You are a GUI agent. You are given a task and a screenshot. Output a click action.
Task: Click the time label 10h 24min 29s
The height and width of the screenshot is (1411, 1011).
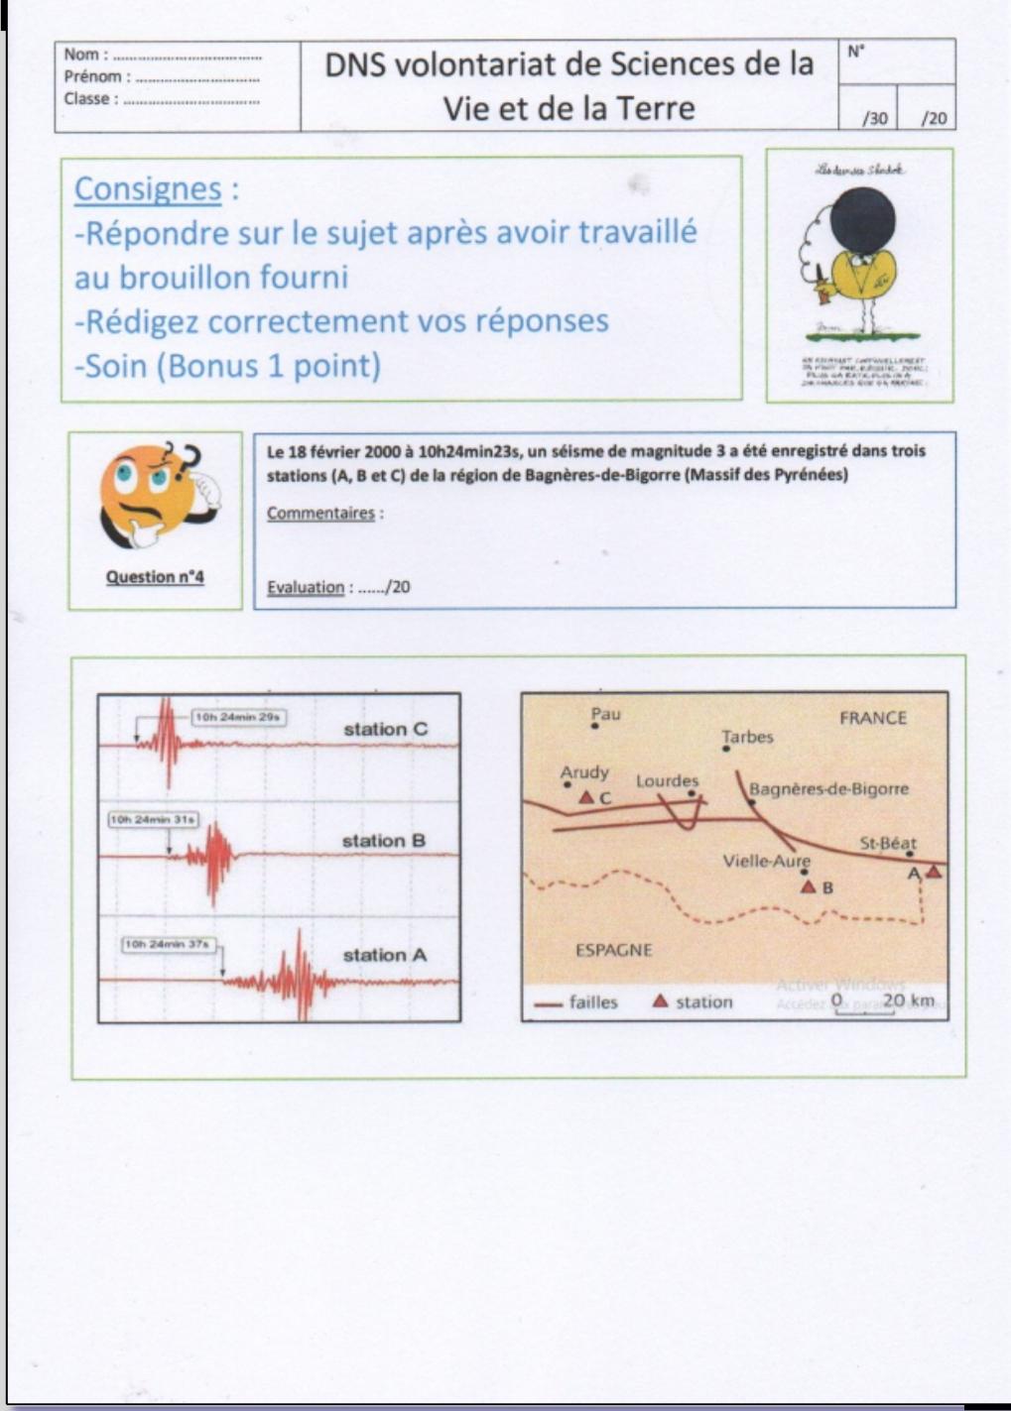pyautogui.click(x=238, y=716)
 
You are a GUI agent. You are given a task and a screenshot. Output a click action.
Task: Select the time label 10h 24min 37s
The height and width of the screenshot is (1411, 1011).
pyautogui.click(x=168, y=945)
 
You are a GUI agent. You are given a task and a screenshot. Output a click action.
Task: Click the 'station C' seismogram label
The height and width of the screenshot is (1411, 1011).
pyautogui.click(x=386, y=729)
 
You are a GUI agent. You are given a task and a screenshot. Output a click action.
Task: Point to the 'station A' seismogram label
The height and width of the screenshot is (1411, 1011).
pyautogui.click(x=384, y=955)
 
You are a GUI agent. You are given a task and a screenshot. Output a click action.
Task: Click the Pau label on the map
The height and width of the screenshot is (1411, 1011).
pyautogui.click(x=604, y=713)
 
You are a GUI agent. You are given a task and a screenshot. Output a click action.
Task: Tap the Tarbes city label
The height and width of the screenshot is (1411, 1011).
pyautogui.click(x=747, y=737)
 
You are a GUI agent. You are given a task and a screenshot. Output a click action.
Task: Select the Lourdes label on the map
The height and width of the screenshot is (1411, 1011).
pyautogui.click(x=667, y=781)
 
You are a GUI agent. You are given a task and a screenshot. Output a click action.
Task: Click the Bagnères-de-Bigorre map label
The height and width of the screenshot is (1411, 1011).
pyautogui.click(x=828, y=789)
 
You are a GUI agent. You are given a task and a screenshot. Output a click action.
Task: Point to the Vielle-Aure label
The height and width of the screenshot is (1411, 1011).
pyautogui.click(x=766, y=861)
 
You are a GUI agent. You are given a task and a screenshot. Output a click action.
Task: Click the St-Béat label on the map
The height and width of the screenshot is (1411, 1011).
pyautogui.click(x=887, y=843)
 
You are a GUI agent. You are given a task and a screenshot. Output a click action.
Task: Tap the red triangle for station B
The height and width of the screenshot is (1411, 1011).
pyautogui.click(x=809, y=886)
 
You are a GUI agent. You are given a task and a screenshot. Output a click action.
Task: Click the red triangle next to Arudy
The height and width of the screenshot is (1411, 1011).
pyautogui.click(x=586, y=797)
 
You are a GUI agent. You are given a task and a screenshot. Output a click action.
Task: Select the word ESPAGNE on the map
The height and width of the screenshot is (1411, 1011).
pyautogui.click(x=613, y=950)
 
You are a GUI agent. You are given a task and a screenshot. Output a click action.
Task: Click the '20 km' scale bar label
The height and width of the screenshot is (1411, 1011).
pyautogui.click(x=908, y=999)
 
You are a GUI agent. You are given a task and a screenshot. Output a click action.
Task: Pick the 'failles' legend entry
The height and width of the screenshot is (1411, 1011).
pyautogui.click(x=593, y=1002)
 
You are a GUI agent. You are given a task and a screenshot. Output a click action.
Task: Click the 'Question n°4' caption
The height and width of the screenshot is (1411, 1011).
pyautogui.click(x=155, y=577)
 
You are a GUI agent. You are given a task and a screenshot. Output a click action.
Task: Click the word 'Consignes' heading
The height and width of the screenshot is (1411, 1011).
pyautogui.click(x=148, y=188)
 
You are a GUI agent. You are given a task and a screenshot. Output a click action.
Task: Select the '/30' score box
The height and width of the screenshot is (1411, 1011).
pyautogui.click(x=875, y=119)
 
